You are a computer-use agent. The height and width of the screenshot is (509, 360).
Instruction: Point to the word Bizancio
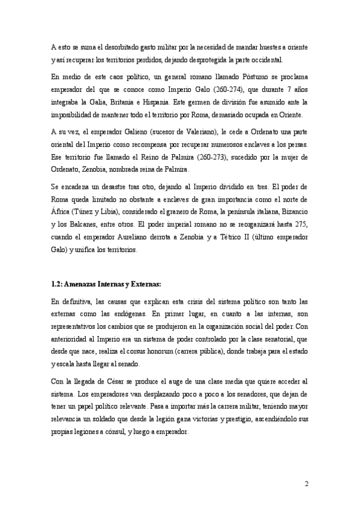(x=292, y=212)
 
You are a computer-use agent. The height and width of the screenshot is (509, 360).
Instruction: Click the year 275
(x=299, y=225)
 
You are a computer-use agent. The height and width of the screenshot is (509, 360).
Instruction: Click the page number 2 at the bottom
(x=306, y=484)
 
